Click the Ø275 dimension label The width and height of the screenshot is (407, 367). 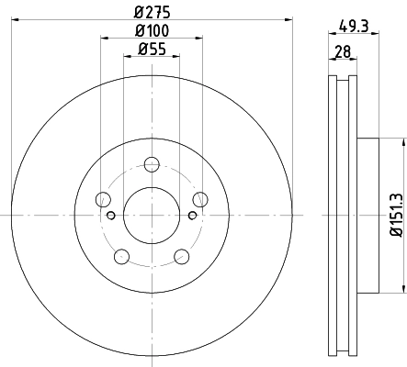click(152, 12)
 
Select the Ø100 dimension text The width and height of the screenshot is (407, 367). click(152, 30)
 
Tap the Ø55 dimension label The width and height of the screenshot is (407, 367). click(152, 49)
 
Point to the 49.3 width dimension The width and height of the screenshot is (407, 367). click(354, 26)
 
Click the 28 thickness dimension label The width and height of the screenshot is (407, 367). click(343, 51)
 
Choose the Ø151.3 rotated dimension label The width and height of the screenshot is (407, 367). click(397, 215)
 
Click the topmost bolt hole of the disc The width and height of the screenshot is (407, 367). click(152, 164)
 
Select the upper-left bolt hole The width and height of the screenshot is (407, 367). click(103, 199)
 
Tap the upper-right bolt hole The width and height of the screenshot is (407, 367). click(200, 199)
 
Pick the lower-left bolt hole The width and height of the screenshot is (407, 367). click(121, 256)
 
